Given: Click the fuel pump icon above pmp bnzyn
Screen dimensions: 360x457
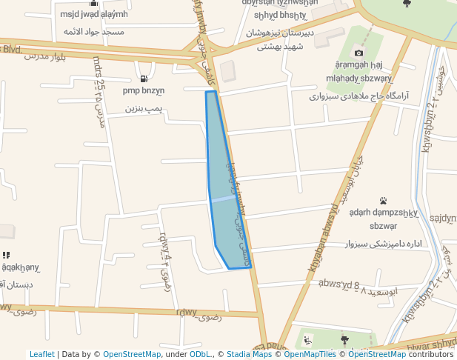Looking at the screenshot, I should (x=143, y=79).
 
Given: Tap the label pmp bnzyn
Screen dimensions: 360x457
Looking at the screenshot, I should (x=144, y=91).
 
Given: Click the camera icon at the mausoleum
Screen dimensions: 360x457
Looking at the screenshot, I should (x=359, y=53).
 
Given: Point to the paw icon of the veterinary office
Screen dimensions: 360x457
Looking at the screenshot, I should (x=383, y=201).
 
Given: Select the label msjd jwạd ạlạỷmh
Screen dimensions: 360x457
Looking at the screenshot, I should (x=94, y=14).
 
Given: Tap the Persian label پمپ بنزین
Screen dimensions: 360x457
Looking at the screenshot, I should (x=143, y=108).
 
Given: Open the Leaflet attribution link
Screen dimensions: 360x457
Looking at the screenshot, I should (x=41, y=354).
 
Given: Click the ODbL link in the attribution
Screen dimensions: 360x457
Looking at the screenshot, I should (x=201, y=354).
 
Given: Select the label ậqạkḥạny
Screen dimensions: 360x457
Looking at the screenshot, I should (x=20, y=267).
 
